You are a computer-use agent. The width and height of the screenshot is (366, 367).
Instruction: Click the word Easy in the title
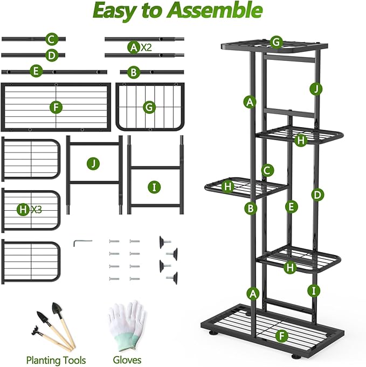[x=118, y=11]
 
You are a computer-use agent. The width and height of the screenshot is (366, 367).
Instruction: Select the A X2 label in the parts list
[x=139, y=47]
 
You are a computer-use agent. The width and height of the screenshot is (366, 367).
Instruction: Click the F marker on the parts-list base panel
[x=55, y=107]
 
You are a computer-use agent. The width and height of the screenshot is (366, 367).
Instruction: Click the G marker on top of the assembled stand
[x=276, y=42]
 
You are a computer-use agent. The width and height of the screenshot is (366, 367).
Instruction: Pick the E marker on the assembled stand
[x=291, y=206]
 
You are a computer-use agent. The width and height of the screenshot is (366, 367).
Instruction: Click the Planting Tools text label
[x=56, y=359]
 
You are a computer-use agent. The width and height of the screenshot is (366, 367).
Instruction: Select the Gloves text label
[x=127, y=359]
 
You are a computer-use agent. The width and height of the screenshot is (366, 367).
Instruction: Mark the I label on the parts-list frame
[x=155, y=187]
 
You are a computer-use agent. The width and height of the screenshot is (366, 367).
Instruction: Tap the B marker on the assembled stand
[x=250, y=207]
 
